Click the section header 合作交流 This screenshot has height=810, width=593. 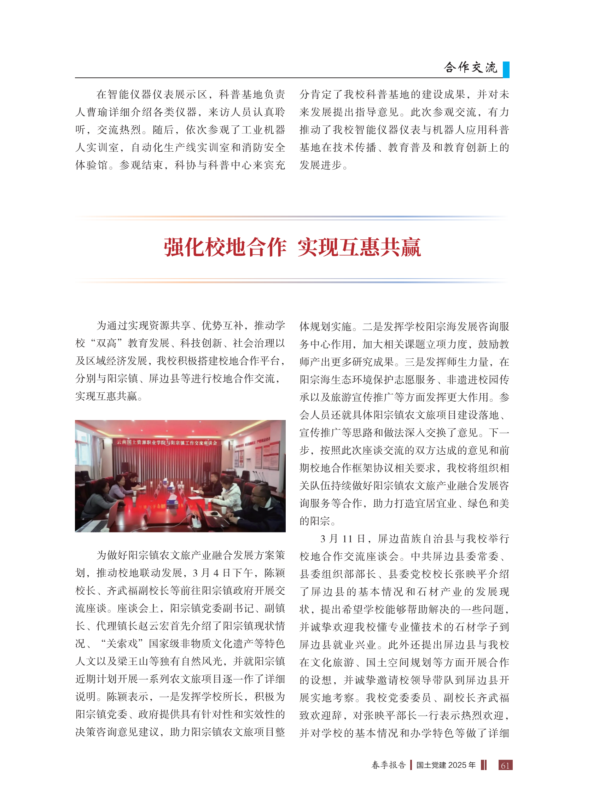(470, 68)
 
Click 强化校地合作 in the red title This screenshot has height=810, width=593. (225, 247)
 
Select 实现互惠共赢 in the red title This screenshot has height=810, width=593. (359, 247)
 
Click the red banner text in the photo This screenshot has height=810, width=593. (167, 442)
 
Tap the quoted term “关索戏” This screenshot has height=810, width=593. (122, 643)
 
